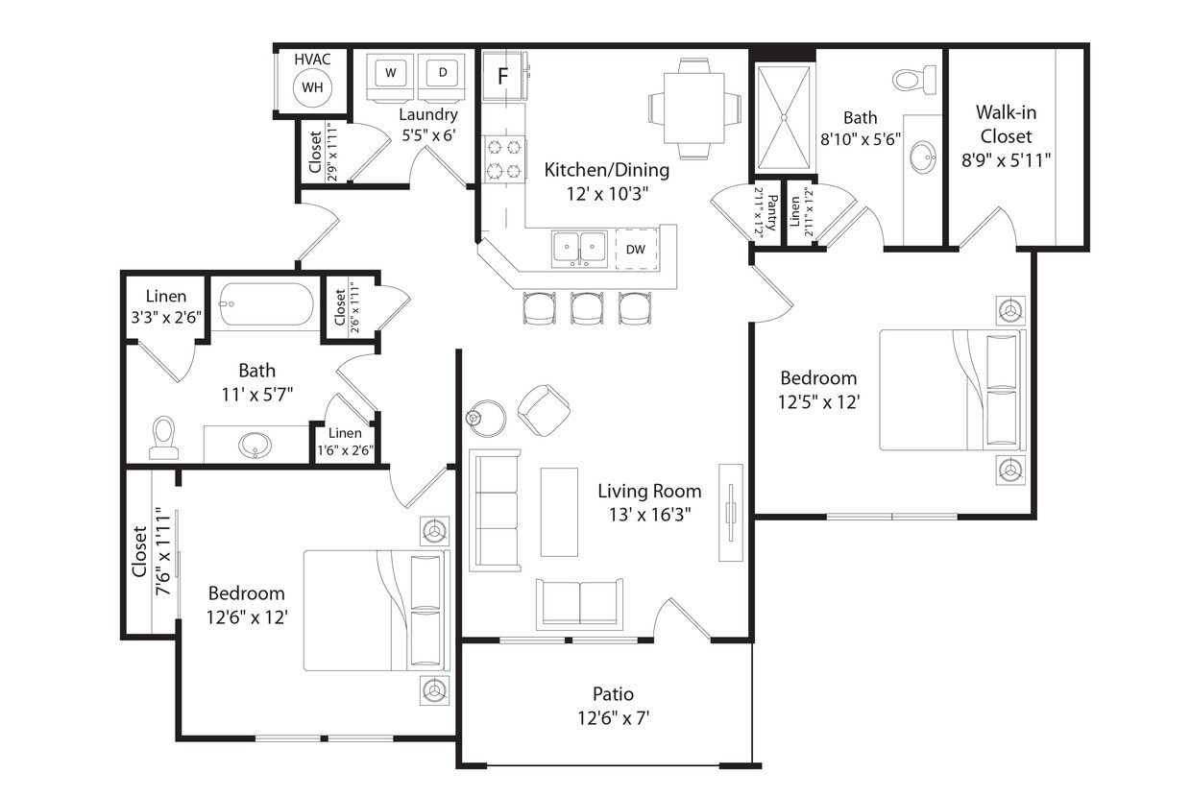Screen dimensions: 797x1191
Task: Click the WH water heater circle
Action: [311, 87]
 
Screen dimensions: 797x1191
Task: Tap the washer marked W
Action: [391, 74]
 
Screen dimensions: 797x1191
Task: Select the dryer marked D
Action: [443, 74]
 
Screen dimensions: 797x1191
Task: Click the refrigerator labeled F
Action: [501, 76]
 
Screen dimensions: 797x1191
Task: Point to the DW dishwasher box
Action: [636, 249]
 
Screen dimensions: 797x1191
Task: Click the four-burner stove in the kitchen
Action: [505, 159]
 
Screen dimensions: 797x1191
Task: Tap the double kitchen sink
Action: [579, 248]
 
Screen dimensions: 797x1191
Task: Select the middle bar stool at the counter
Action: [587, 307]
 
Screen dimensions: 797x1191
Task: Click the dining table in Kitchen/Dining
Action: [694, 108]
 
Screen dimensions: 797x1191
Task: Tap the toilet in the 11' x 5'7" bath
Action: [164, 438]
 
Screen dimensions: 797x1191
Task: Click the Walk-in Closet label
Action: [1006, 136]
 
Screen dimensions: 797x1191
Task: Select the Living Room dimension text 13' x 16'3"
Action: [649, 514]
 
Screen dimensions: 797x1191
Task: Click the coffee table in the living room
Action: [559, 512]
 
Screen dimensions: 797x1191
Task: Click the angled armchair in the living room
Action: [544, 409]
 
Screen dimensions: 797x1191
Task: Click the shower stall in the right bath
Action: [784, 117]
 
